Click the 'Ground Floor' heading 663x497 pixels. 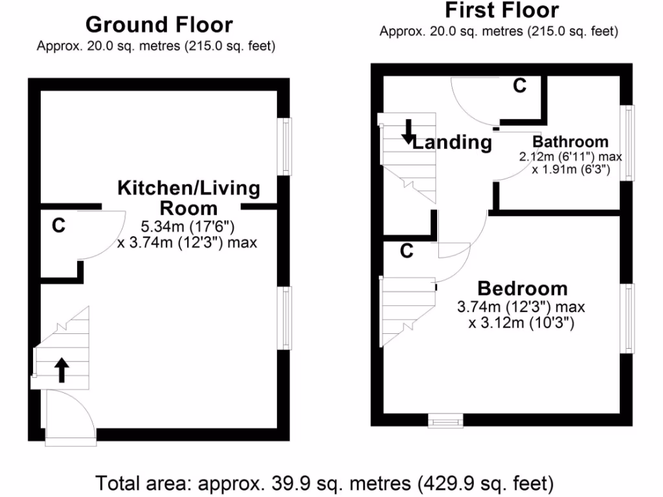159,25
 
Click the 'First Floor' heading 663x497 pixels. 502,10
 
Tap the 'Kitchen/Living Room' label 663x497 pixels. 188,198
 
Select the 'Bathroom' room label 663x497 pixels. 570,142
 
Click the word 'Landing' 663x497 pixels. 452,142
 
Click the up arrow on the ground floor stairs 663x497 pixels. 62,370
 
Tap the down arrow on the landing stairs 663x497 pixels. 408,131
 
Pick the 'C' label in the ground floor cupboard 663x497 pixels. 58,226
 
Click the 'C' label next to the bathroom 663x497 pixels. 519,85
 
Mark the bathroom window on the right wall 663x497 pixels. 627,143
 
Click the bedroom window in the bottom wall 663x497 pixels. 446,421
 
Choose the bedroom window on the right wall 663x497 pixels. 627,318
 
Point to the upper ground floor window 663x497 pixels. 284,146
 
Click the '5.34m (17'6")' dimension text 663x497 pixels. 187,227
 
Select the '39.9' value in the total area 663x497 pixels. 306,483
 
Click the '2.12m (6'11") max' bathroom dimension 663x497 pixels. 570,157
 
